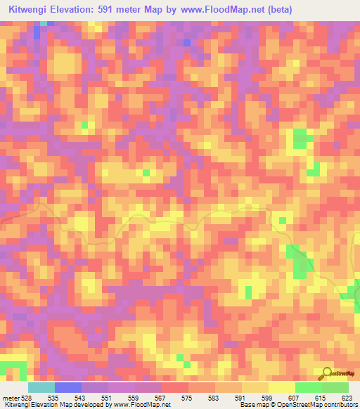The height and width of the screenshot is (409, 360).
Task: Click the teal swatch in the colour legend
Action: click(41, 387)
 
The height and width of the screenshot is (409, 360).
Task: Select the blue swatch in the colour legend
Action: click(68, 387)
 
